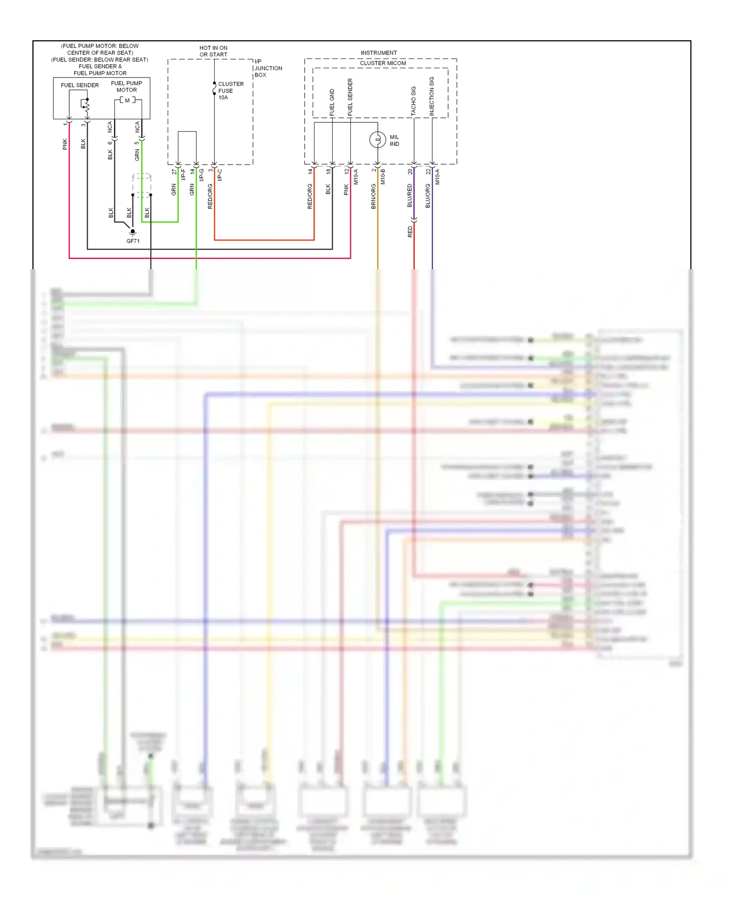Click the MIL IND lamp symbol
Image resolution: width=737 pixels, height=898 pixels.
[x=377, y=140]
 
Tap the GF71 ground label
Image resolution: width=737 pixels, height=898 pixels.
[x=133, y=241]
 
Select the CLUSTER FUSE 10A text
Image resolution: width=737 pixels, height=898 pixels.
[x=230, y=91]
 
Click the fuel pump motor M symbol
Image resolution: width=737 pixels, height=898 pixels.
[x=127, y=101]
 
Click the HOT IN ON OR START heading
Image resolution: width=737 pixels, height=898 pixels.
[x=213, y=51]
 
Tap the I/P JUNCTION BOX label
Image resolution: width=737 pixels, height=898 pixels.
[x=268, y=68]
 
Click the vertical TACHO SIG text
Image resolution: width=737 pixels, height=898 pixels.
[x=413, y=101]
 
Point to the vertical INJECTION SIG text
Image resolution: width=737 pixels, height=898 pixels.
[x=431, y=96]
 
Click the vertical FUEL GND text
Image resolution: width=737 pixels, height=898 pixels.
[x=332, y=102]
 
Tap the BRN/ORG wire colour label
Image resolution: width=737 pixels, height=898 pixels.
[x=373, y=196]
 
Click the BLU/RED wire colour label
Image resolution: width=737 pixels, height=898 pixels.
[x=410, y=196]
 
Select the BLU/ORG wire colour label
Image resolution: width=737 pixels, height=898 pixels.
[x=427, y=196]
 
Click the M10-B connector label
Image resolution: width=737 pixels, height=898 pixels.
[x=383, y=176]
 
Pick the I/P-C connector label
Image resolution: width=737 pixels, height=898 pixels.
[x=220, y=175]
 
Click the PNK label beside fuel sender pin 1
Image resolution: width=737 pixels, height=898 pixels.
[x=65, y=144]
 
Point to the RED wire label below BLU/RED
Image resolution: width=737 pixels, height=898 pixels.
[x=410, y=232]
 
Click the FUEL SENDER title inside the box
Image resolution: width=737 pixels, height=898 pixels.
[x=80, y=85]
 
